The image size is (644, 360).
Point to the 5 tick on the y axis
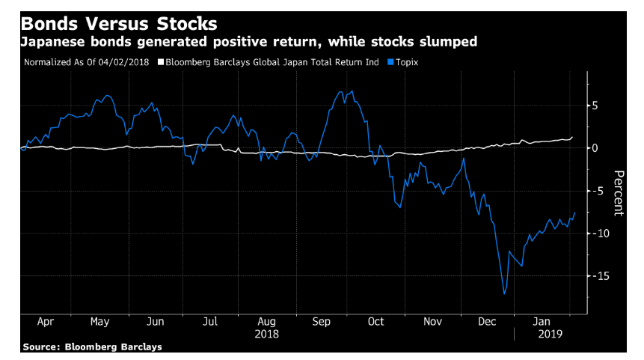[594, 106]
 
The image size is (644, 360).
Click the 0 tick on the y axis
[594, 148]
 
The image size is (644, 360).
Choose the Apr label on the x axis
[44, 321]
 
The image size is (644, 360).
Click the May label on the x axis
[99, 321]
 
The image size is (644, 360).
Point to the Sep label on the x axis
[321, 321]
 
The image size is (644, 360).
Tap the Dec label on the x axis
[487, 321]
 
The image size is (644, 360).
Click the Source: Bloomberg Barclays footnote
[92, 347]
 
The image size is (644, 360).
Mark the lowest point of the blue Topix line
[504, 294]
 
